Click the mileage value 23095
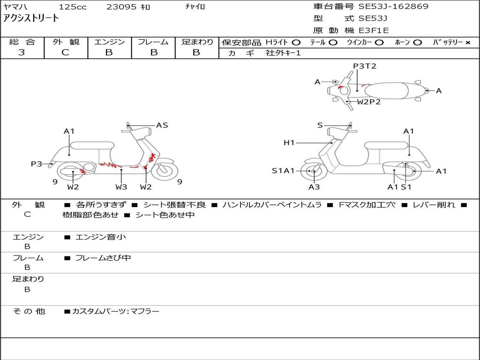[x=121, y=7]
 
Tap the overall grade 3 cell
[x=22, y=52]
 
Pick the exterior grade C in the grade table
[x=66, y=52]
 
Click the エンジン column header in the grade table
[x=109, y=42]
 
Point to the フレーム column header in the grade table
[x=153, y=42]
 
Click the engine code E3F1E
[x=374, y=30]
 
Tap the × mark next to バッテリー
[x=467, y=42]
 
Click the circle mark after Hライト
[x=296, y=42]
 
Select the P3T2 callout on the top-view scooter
[x=365, y=66]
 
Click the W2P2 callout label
[x=368, y=101]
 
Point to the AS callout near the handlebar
[x=162, y=125]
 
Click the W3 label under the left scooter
[x=121, y=187]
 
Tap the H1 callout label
[x=289, y=142]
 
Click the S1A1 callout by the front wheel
[x=284, y=171]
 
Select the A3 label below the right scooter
[x=314, y=187]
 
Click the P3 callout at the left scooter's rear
[x=37, y=164]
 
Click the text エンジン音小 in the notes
[x=101, y=237]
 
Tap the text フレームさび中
[x=103, y=258]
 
